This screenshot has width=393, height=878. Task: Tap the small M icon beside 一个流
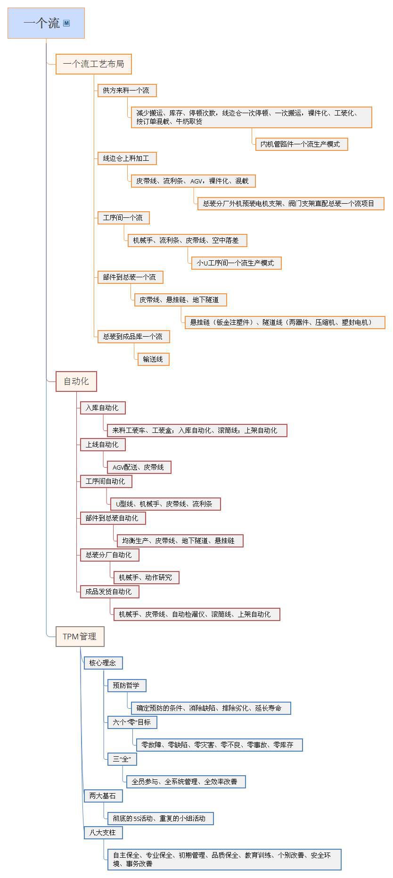(x=66, y=23)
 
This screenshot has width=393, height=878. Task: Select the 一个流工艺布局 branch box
(x=93, y=64)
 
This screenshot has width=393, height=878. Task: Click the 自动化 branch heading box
(x=76, y=381)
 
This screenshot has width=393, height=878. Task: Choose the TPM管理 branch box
(x=80, y=637)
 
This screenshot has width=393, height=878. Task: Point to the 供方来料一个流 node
(x=126, y=91)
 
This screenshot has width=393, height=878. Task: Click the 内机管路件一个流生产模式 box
(x=301, y=144)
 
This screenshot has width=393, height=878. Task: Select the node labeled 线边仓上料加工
(x=126, y=158)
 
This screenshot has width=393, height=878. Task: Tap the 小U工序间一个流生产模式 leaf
(x=236, y=263)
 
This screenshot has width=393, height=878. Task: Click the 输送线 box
(x=153, y=359)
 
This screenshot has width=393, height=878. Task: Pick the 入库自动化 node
(x=102, y=408)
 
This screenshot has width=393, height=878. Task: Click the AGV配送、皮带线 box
(x=139, y=467)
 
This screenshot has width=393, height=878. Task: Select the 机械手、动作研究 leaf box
(x=146, y=578)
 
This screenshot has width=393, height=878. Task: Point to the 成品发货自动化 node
(x=109, y=592)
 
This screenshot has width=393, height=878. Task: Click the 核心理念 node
(x=103, y=663)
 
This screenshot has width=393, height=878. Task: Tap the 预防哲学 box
(x=126, y=686)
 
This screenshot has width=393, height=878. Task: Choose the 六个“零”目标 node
(x=132, y=722)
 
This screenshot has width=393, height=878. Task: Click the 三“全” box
(x=122, y=759)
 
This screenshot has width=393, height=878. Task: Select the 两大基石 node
(x=103, y=796)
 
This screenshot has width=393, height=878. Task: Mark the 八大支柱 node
(x=103, y=833)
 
